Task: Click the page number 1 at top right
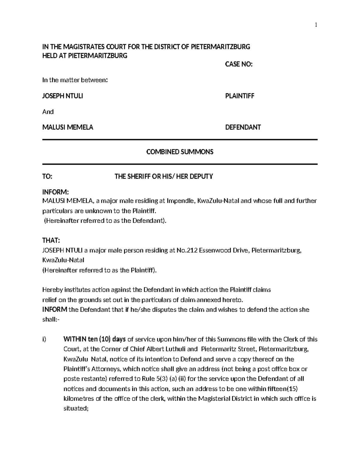[x=316, y=25]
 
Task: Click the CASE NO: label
[x=239, y=64]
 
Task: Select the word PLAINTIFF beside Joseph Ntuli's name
[x=240, y=96]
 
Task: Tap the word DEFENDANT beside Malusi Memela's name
[x=243, y=127]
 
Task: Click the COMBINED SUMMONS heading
[x=180, y=152]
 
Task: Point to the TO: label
[x=47, y=176]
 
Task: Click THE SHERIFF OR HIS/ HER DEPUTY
[x=164, y=176]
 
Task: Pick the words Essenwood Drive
[x=224, y=251]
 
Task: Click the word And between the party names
[x=48, y=112]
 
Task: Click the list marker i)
[x=44, y=339]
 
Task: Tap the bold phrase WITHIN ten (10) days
[x=94, y=339]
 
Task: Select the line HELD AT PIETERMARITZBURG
[x=85, y=56]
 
